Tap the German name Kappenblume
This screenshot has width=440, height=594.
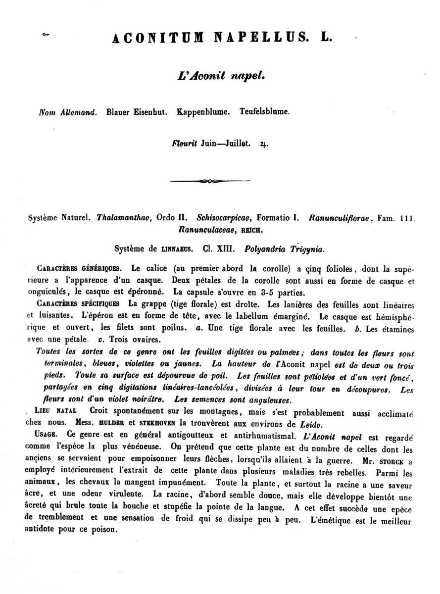(x=203, y=112)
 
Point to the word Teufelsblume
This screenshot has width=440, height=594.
(x=264, y=112)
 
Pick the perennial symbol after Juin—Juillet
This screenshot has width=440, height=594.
(x=263, y=145)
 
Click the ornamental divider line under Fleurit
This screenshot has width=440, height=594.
(x=210, y=181)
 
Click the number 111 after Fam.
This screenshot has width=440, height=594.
(x=406, y=218)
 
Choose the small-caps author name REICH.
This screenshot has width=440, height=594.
(x=252, y=230)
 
